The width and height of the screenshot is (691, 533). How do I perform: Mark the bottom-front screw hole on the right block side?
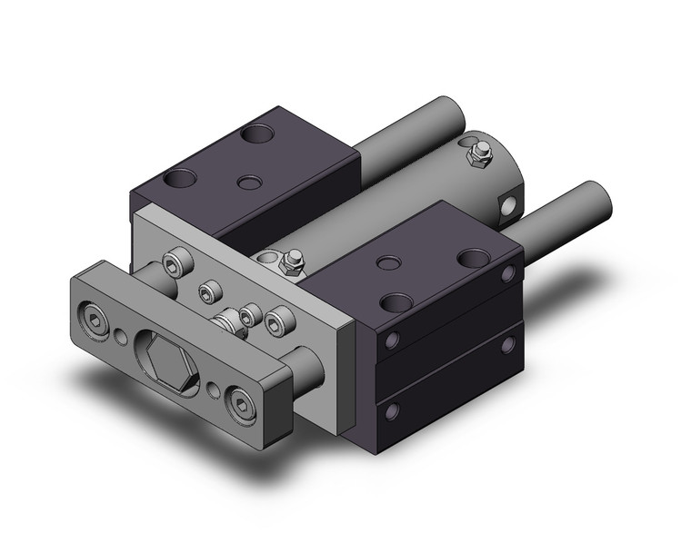[391, 411]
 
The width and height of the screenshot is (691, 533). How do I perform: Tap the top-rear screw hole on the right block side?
[508, 272]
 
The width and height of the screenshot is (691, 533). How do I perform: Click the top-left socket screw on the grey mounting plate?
[175, 263]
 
